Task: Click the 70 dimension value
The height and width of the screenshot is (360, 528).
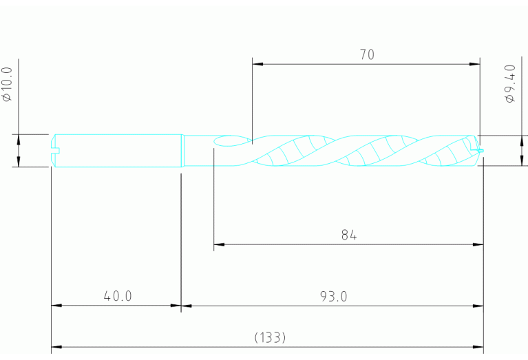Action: click(367, 55)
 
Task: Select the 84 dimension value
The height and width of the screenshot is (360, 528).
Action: click(349, 235)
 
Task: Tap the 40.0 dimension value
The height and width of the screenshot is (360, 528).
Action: click(118, 297)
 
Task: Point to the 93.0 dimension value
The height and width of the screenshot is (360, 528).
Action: click(334, 297)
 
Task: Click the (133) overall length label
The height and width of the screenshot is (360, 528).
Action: click(270, 338)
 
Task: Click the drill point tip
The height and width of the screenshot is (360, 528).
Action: click(481, 150)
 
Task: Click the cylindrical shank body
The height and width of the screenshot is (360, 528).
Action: click(117, 149)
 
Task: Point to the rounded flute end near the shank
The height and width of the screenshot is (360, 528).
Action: click(220, 141)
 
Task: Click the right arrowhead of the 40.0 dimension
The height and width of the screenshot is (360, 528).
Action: click(176, 306)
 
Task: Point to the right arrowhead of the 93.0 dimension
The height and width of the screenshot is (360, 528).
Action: click(479, 306)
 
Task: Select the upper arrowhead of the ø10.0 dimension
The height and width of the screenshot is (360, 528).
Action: click(19, 138)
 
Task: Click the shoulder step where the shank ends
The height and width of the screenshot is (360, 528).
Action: click(183, 149)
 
